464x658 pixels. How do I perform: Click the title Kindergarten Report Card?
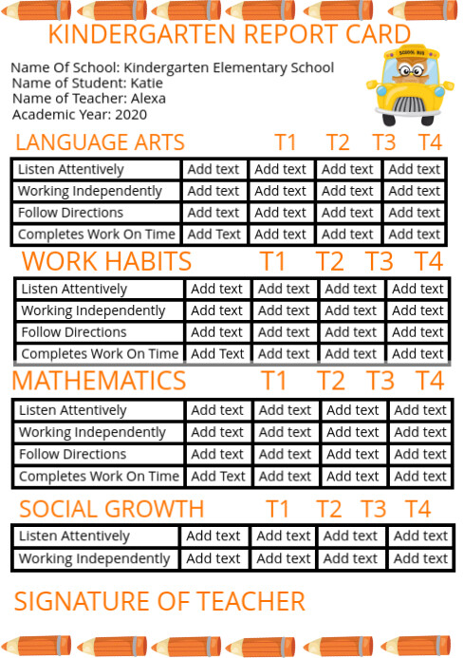229,35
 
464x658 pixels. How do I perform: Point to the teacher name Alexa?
148,98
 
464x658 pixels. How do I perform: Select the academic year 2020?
131,114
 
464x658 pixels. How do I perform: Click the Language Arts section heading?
100,142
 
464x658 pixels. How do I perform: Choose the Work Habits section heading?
106,261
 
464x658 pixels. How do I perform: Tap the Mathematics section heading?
99,381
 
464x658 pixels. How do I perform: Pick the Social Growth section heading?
111,508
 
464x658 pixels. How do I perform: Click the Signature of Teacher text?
159,601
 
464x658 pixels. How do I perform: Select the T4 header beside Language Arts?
430,142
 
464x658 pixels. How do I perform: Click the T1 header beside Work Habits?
272,261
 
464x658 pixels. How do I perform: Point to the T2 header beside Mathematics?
331,381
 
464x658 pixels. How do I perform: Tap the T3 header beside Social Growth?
373,508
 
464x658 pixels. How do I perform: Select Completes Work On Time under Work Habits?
100,353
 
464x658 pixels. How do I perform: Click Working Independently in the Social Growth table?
94,558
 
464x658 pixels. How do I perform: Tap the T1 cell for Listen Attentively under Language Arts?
213,169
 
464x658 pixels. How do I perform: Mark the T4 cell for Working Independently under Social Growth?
420,558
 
